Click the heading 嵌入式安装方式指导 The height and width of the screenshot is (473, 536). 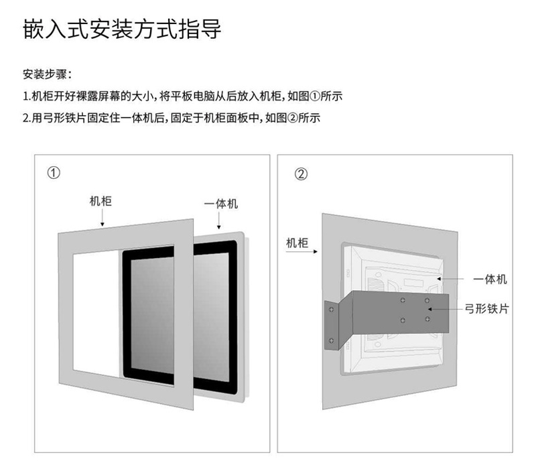click(121, 30)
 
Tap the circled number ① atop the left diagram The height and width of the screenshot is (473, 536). click(54, 173)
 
